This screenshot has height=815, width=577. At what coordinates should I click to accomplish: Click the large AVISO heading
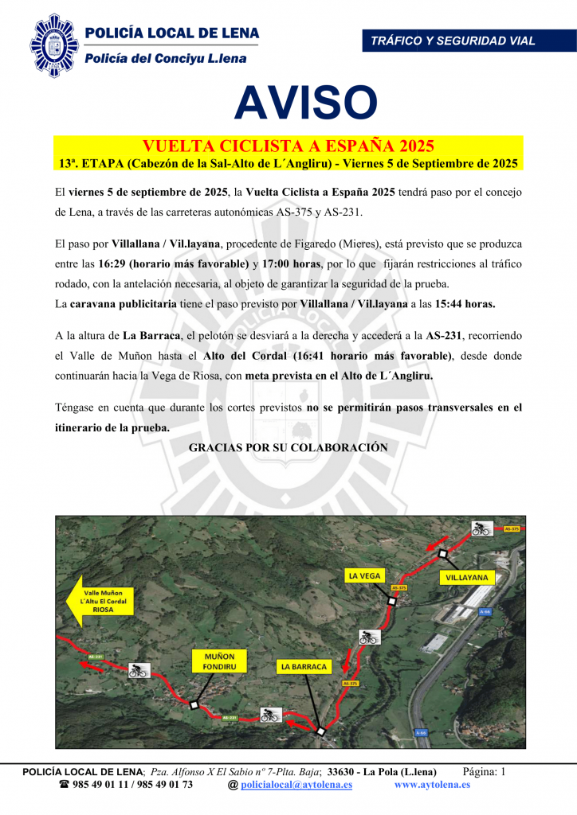tap(305, 103)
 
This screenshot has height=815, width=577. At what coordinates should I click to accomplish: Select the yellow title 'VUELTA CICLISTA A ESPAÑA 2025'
tap(288, 146)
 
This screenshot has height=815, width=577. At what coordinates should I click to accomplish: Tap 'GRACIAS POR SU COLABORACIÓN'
tap(288, 448)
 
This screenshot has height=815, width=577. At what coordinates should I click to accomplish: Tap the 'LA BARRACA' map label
tap(304, 666)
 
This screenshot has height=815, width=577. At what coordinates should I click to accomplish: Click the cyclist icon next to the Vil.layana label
tap(480, 528)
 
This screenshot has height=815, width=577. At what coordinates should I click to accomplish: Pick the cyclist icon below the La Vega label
tap(368, 636)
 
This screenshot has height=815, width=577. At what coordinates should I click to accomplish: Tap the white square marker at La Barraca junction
tap(320, 731)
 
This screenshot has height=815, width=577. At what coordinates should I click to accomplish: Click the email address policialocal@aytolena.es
tap(296, 785)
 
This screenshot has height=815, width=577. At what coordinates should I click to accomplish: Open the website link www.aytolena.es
tap(432, 785)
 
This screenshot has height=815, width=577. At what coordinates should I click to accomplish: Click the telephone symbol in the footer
tap(65, 785)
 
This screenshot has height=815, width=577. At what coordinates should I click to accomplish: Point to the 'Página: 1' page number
tap(485, 771)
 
